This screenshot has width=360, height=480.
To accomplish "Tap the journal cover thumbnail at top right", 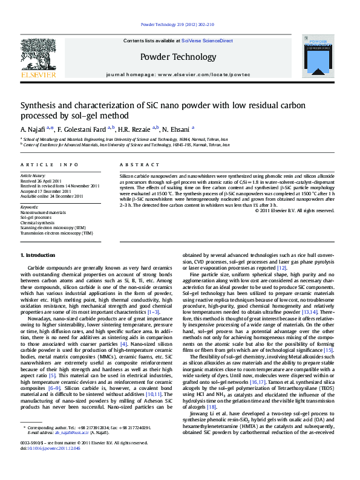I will [317, 56].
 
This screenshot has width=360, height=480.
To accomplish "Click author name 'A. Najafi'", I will [33, 129].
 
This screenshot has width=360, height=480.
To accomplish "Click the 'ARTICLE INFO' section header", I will [49, 164].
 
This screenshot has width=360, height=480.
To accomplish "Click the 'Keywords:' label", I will [29, 208].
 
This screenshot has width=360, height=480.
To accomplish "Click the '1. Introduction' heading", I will [38, 255].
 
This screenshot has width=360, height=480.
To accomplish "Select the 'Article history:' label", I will [33, 177].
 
